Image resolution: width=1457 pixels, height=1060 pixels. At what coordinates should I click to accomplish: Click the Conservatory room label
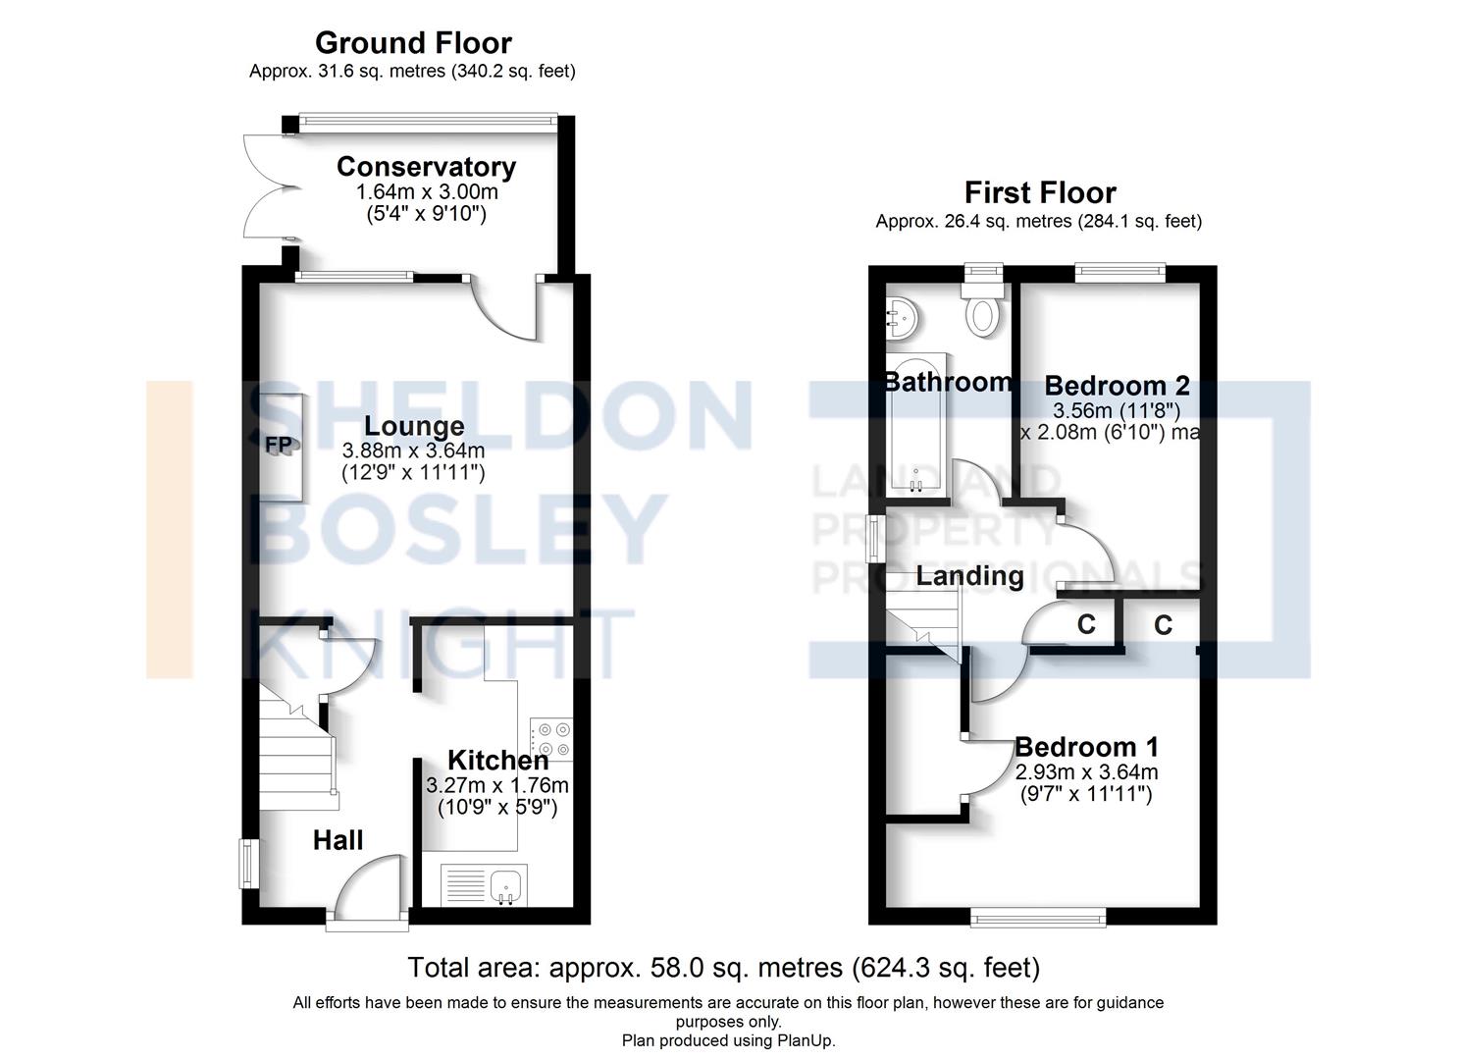coord(426,167)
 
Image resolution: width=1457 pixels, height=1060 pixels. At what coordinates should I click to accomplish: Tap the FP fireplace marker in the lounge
coord(279,445)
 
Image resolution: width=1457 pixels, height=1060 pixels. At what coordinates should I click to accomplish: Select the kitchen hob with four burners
coord(551,739)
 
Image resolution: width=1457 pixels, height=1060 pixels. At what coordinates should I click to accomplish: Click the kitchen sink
coord(506,884)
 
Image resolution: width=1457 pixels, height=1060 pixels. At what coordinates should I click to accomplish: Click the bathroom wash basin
coord(902,318)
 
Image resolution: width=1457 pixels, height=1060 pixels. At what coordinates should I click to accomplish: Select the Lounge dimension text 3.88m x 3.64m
coord(413,451)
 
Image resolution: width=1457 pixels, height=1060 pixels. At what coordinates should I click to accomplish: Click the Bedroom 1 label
coord(1086,747)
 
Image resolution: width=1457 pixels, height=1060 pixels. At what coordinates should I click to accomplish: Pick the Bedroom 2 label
coord(1117,385)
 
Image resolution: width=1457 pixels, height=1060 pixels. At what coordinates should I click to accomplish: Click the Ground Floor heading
coord(413,43)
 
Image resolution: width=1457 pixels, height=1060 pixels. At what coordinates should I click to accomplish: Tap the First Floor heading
coord(1039,192)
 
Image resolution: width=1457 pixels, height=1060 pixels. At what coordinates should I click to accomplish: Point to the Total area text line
coord(723,968)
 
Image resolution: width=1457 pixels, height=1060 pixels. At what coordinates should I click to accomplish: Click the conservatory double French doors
coord(261,186)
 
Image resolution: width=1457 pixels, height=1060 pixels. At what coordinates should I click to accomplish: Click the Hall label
coord(338,840)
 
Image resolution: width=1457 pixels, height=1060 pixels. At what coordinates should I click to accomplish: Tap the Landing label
coord(969,576)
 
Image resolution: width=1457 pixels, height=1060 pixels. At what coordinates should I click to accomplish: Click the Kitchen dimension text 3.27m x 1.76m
coord(497,785)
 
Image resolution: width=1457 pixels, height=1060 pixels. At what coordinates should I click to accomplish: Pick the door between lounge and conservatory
coord(505,307)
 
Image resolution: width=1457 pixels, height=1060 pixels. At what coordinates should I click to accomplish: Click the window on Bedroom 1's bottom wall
coord(1038,918)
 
